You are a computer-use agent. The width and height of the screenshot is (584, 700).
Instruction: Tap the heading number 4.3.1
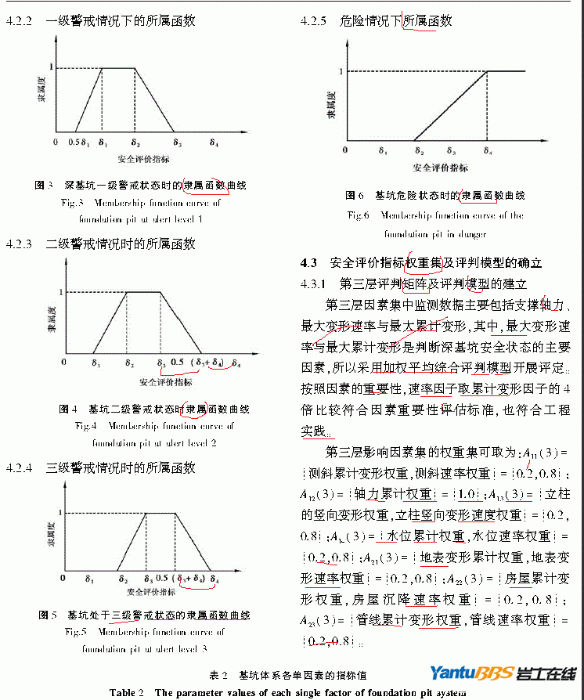(x=316, y=283)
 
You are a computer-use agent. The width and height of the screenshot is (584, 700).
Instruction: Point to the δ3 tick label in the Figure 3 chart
(x=178, y=143)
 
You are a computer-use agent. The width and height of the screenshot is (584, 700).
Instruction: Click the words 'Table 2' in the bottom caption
(x=126, y=692)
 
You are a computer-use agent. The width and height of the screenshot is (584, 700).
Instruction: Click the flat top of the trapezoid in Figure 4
(x=143, y=293)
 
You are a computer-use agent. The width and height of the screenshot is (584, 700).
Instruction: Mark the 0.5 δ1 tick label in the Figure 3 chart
(x=79, y=143)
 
